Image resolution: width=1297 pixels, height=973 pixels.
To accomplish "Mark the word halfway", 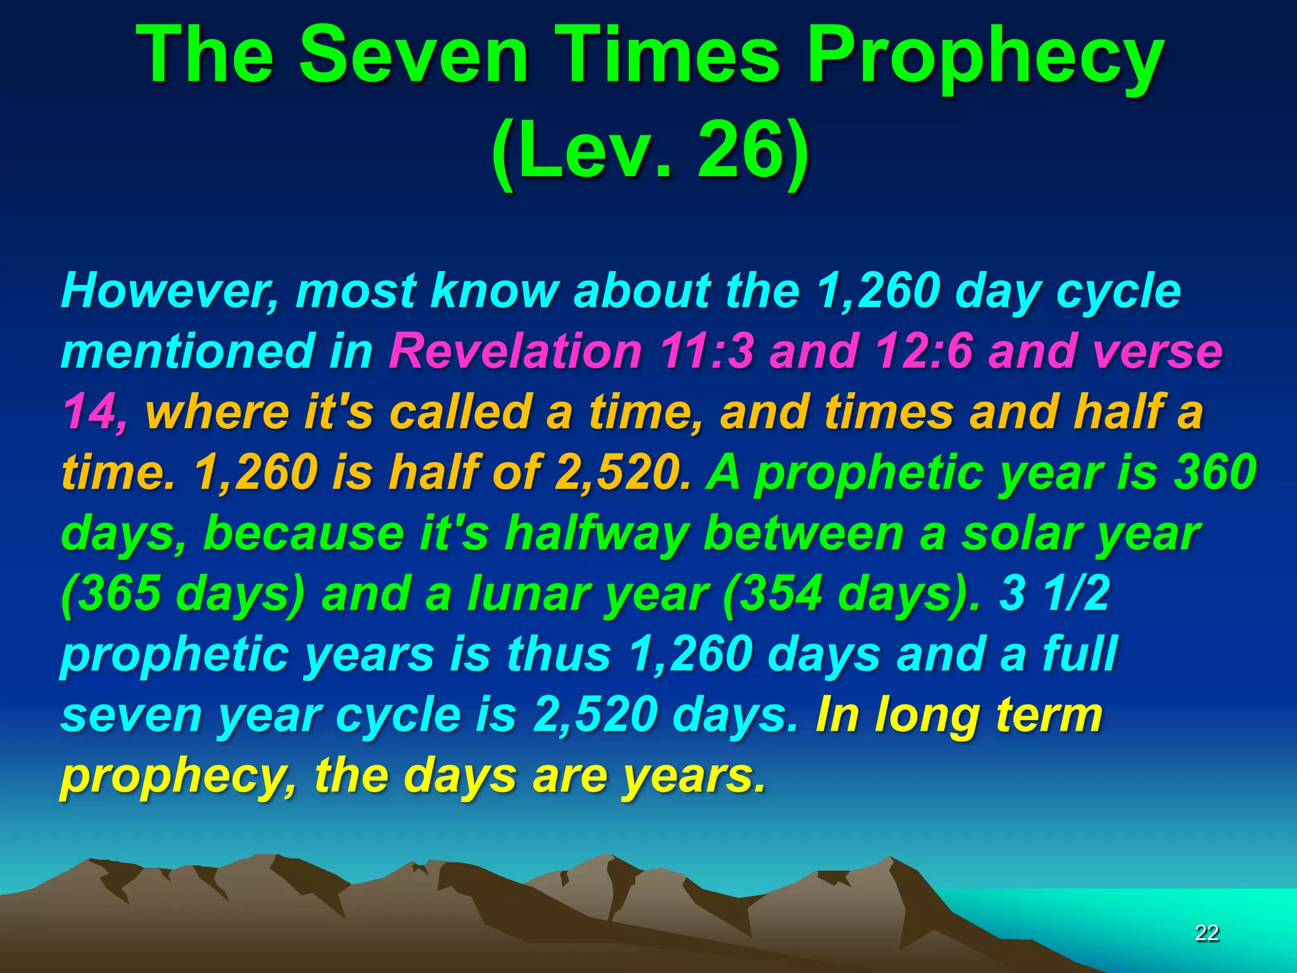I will tap(595, 533).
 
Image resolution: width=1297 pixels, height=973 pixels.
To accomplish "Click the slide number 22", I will tap(1206, 932).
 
